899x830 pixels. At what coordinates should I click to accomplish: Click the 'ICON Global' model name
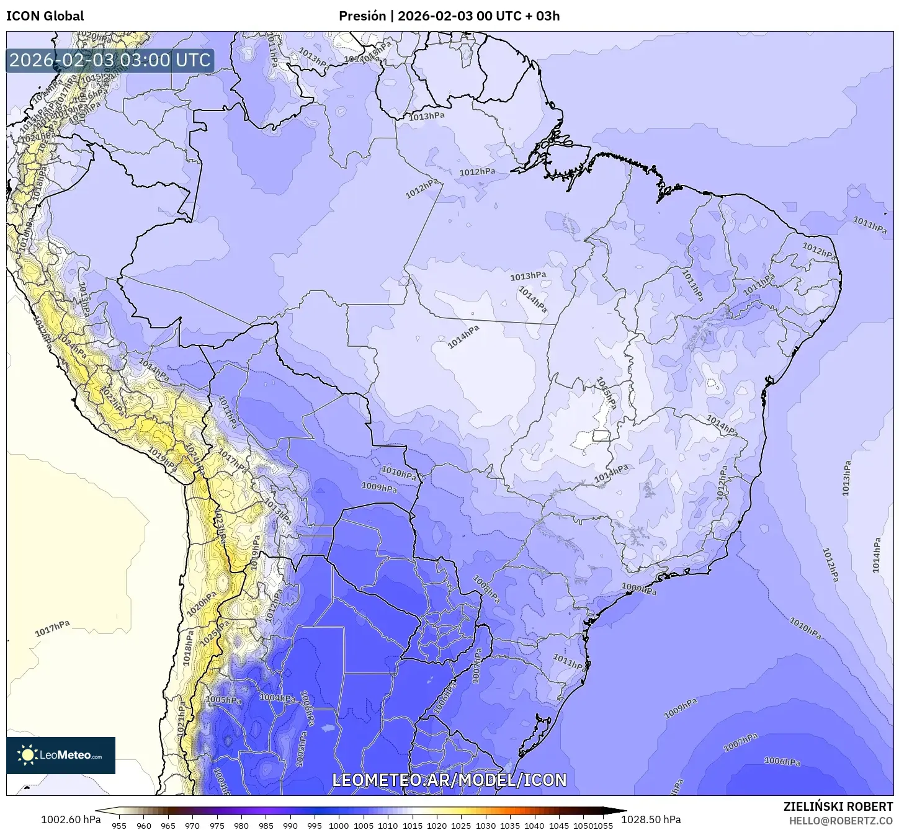click(45, 16)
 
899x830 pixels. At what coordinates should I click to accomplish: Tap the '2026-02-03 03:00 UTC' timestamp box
click(110, 60)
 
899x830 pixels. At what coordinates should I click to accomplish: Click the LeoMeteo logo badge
click(61, 755)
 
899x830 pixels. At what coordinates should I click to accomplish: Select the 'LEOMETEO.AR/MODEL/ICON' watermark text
click(449, 780)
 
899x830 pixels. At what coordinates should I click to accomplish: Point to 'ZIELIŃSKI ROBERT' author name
click(838, 806)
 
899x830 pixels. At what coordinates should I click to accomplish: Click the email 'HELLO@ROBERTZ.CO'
click(841, 820)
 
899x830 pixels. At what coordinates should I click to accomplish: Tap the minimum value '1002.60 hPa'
click(71, 819)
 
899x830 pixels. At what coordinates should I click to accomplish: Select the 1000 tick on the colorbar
click(339, 825)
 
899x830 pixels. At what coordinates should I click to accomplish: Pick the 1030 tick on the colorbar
click(486, 825)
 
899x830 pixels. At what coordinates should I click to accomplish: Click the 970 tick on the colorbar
click(192, 825)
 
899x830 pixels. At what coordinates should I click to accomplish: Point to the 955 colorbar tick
click(119, 825)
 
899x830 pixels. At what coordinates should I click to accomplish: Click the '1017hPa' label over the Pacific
click(52, 629)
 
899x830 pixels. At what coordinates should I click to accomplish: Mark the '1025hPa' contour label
click(211, 629)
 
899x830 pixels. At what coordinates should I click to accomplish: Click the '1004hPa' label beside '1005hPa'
click(277, 698)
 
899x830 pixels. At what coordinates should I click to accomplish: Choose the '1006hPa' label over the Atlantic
click(782, 761)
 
